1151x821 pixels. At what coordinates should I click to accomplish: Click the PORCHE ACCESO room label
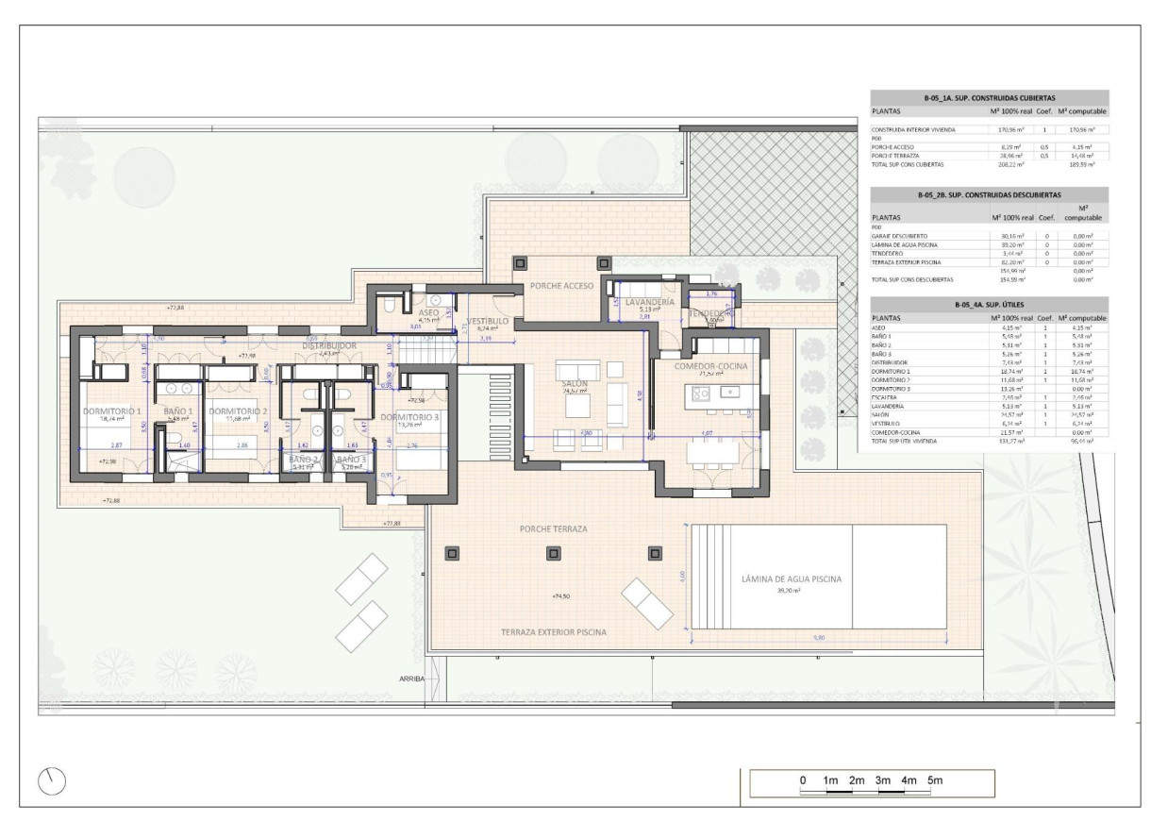tap(560, 285)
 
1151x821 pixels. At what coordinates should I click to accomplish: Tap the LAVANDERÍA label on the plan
tap(650, 301)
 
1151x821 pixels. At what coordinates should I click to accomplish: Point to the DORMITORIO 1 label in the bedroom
tap(111, 411)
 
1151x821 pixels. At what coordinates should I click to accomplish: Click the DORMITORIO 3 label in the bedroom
tap(409, 416)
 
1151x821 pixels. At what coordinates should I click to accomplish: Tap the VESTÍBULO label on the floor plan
tap(488, 322)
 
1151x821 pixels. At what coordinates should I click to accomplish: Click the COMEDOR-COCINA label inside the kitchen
tap(710, 364)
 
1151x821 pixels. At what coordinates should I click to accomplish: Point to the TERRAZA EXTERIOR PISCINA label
tap(553, 631)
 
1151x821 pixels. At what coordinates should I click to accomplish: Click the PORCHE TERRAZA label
tap(553, 529)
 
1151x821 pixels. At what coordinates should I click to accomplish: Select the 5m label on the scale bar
tap(934, 780)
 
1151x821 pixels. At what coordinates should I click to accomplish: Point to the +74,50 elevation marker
tap(563, 596)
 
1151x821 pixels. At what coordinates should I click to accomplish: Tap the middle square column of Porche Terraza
tap(551, 553)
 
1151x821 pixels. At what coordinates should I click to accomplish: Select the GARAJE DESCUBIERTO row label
tap(900, 236)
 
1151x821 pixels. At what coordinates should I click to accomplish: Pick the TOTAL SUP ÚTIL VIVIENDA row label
tap(911, 442)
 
